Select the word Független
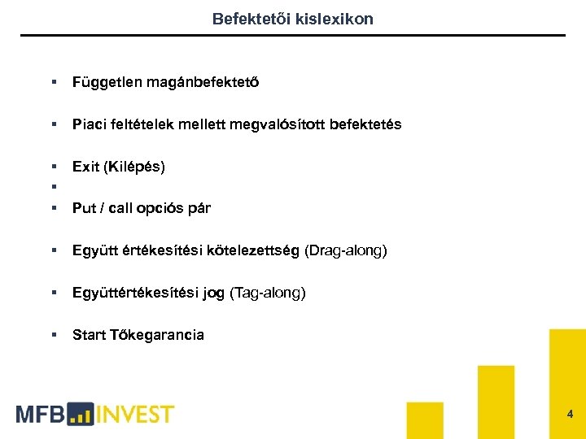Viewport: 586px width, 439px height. click(x=107, y=82)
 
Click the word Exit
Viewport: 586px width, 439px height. click(x=85, y=167)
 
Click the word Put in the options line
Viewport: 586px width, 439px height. click(x=83, y=208)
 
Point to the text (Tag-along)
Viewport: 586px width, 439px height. click(x=268, y=293)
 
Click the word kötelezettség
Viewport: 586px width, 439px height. click(x=256, y=250)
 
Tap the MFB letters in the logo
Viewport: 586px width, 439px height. click(x=40, y=414)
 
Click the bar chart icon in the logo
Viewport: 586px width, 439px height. click(x=81, y=415)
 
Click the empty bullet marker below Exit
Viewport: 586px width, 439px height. click(x=53, y=188)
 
